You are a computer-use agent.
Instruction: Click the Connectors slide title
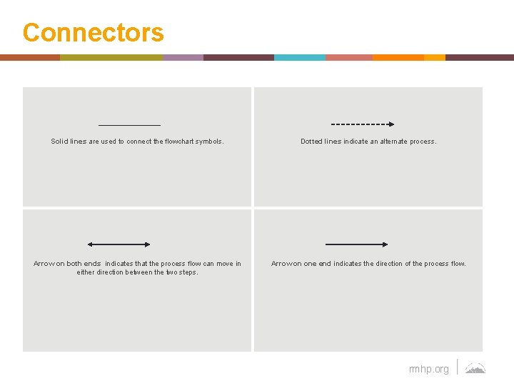93,33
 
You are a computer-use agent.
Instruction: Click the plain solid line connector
129,125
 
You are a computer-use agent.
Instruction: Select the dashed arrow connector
363,124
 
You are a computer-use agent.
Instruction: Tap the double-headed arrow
119,244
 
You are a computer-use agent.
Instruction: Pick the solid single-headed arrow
356,244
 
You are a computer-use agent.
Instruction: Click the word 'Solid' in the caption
60,142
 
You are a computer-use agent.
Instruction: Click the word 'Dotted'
312,142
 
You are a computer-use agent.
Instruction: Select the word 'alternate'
392,142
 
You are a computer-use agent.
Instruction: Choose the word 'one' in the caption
310,264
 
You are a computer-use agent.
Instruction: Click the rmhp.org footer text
429,369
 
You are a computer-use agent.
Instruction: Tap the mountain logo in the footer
475,368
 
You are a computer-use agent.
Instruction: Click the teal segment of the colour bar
299,57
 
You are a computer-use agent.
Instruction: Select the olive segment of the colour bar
111,57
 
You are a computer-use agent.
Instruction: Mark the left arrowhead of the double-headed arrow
91,244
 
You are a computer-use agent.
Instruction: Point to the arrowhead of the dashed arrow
390,124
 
